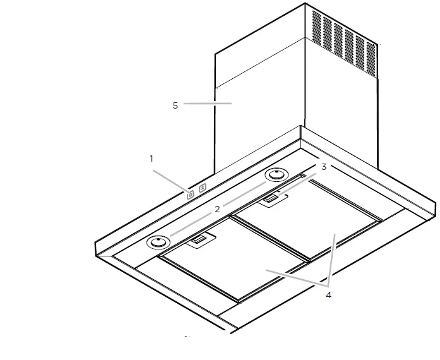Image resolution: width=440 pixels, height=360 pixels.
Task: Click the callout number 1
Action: pos(152,159)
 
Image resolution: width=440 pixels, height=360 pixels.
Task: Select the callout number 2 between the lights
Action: pos(217,209)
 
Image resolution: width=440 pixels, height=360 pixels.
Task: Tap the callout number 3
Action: pos(323,167)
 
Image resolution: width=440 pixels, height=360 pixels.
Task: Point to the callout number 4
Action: pos(328,295)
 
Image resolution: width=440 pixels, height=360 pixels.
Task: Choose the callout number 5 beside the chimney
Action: pos(175,105)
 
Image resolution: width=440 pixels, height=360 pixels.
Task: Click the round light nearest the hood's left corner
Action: pos(158,242)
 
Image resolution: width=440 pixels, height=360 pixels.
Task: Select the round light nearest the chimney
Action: pos(276,175)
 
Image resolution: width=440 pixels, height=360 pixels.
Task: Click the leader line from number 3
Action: pos(297,183)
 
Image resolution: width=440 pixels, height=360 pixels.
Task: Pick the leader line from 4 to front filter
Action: pos(294,279)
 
